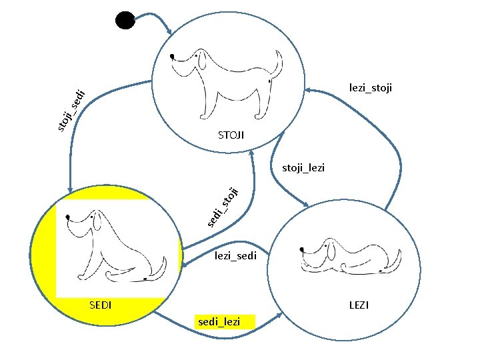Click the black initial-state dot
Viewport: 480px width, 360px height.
pos(125,20)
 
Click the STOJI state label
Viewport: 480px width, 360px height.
pos(231,135)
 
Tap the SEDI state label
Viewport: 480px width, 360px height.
pos(100,305)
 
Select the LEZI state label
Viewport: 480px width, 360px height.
pos(359,305)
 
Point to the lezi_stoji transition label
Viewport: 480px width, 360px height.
pos(371,87)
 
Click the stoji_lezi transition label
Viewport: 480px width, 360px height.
pos(303,167)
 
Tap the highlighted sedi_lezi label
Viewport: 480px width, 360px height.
pos(219,322)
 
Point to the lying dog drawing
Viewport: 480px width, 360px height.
pos(350,255)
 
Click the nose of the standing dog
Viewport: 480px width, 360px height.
pos(173,56)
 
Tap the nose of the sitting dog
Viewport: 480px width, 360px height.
pos(69,216)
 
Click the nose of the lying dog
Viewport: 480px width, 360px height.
pos(303,249)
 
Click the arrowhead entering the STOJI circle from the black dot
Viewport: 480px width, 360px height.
pos(171,32)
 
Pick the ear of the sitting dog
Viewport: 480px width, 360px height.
pos(100,223)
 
